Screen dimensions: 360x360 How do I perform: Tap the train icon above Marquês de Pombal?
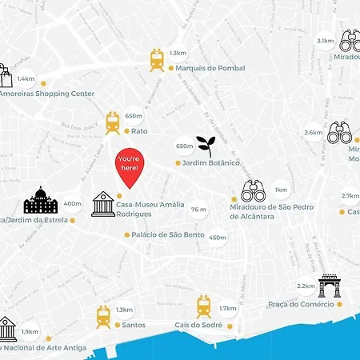pos(157,58)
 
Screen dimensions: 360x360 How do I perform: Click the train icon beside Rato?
pos(112,122)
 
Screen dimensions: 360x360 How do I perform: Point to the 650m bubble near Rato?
pos(134,116)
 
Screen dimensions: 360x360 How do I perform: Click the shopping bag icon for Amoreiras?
pos(6,74)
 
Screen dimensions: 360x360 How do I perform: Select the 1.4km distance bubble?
pos(26,80)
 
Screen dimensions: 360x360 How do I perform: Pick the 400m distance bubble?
pos(72,203)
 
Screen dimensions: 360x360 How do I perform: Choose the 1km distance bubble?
pos(281,190)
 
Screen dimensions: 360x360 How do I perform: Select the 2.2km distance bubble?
pos(306,286)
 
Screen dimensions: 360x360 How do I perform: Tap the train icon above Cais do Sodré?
pos(204,306)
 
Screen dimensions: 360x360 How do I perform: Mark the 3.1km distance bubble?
pos(325,41)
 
